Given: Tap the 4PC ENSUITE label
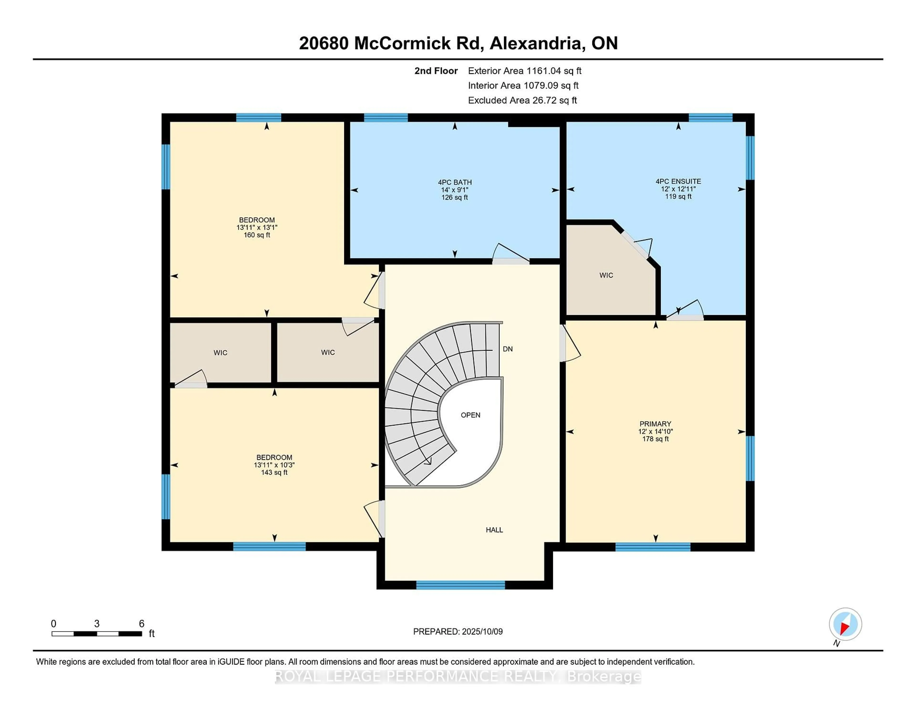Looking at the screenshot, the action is pos(678,182).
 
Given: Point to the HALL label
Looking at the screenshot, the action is pos(494,530).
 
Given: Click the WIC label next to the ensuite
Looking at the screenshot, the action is pos(606,275).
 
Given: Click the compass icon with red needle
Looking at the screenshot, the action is pos(845,624).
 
